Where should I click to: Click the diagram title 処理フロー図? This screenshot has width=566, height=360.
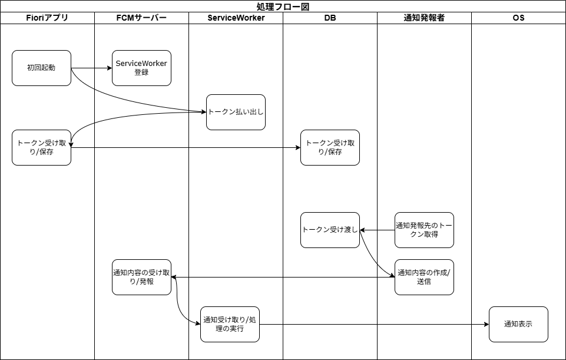(283, 6)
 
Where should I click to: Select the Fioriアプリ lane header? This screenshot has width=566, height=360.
(47, 18)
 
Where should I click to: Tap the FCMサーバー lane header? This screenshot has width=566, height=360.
(141, 18)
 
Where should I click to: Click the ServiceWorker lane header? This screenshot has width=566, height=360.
(236, 18)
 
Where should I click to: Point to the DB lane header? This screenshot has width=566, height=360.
(330, 18)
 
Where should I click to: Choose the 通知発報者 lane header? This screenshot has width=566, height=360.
(424, 18)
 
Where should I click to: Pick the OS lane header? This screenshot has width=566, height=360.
(518, 18)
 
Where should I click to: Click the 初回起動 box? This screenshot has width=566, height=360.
(41, 68)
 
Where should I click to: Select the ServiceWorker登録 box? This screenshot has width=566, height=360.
(141, 68)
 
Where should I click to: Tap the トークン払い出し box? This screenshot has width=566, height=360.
(236, 112)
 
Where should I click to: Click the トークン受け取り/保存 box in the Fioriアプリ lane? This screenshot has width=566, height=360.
(41, 147)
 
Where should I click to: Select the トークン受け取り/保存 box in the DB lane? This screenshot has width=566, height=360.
(330, 147)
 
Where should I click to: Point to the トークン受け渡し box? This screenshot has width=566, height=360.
(330, 230)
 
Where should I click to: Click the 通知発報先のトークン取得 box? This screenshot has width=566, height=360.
(424, 230)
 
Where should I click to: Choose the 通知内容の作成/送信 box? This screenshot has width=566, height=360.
(424, 277)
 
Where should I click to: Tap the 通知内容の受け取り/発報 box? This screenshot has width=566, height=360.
(141, 277)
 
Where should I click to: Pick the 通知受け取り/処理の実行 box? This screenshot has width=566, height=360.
(230, 324)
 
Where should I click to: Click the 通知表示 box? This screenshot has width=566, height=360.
(518, 324)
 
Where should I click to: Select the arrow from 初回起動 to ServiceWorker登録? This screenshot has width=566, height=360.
(91, 68)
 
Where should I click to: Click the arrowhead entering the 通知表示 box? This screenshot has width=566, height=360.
(486, 324)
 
